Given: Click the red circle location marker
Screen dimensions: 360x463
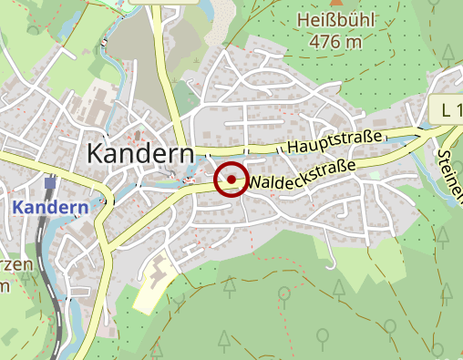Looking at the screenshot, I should pyautogui.click(x=231, y=180).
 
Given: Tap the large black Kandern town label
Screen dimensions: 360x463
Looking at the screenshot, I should pyautogui.click(x=139, y=153).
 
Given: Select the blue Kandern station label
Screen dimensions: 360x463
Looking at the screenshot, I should pyautogui.click(x=50, y=207).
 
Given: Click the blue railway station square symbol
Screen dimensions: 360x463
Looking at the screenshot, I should pyautogui.click(x=49, y=183).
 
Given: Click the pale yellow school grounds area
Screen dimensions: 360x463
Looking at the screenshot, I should pyautogui.click(x=156, y=284).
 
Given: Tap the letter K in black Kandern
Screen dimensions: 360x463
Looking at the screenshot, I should pyautogui.click(x=95, y=153).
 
